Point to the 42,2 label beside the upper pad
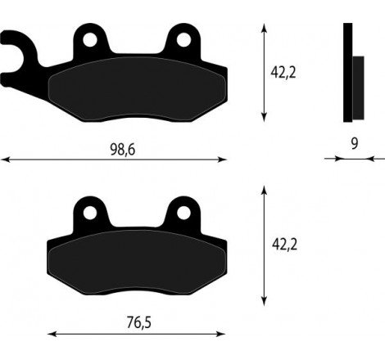283,72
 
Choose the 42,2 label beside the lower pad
283,243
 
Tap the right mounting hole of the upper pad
184,38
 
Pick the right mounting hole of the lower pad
184,212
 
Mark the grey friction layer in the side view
357,87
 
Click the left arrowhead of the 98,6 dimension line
4,160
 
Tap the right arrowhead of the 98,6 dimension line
225,160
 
